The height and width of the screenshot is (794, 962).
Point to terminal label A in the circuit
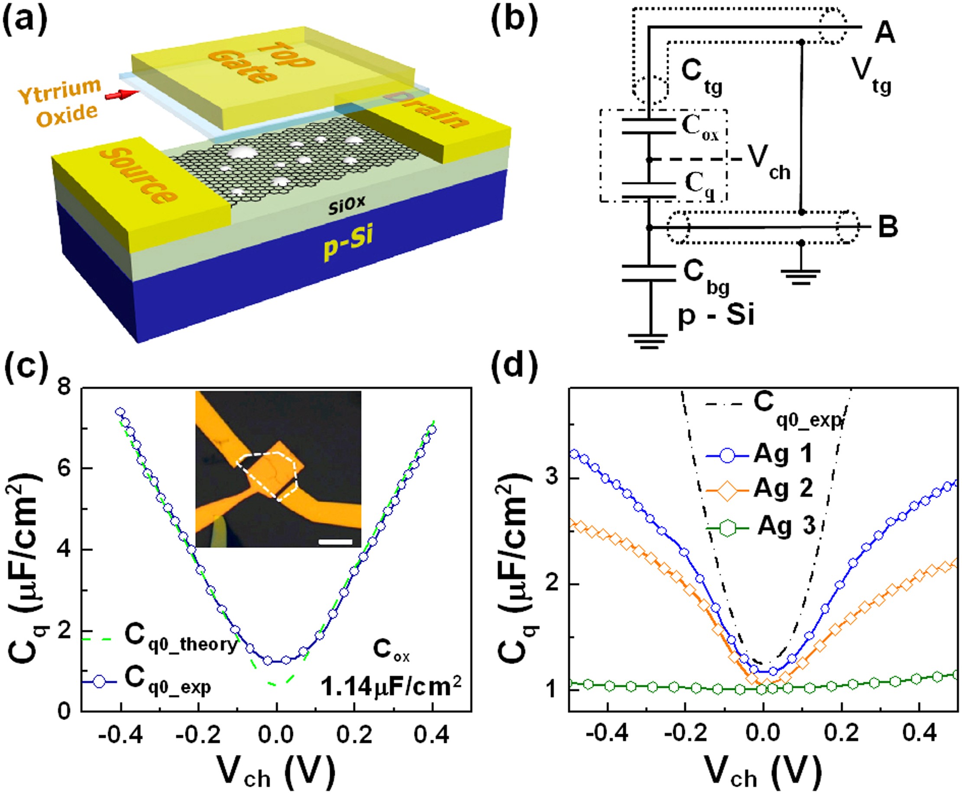pyautogui.click(x=884, y=34)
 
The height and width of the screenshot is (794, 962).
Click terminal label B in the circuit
pyautogui.click(x=888, y=228)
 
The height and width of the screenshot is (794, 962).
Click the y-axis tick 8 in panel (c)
pyautogui.click(x=67, y=388)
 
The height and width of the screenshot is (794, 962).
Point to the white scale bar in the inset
pyautogui.click(x=336, y=541)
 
